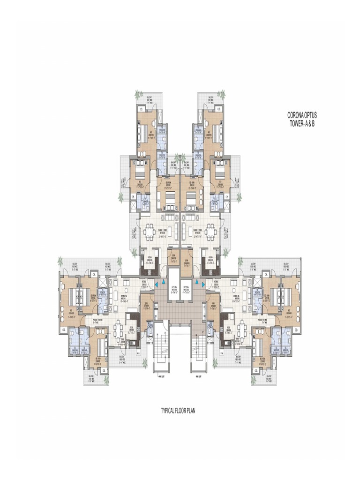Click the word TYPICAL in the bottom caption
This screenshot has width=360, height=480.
tap(169, 411)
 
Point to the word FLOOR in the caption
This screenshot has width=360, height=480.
tap(183, 411)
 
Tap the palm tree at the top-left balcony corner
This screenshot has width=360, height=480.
tap(138, 95)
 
